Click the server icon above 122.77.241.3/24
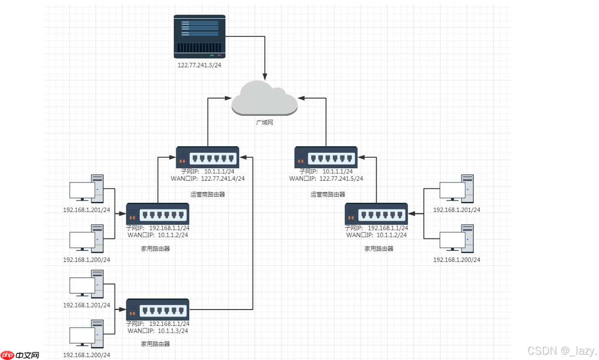point(199,37)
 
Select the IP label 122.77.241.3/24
point(199,65)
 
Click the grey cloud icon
point(264,98)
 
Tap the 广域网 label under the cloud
point(264,123)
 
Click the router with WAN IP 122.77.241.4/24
point(208,157)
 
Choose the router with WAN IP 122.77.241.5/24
point(326,157)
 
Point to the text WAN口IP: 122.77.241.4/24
point(208,178)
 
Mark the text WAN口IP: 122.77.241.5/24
point(326,178)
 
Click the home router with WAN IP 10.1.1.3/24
point(158,310)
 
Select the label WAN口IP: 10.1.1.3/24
point(158,331)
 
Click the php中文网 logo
point(20,355)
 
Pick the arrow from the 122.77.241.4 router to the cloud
point(208,120)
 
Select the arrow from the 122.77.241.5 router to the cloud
point(326,120)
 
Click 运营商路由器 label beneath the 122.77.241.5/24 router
point(328,195)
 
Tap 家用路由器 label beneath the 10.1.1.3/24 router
point(155,344)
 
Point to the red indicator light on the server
point(219,56)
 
